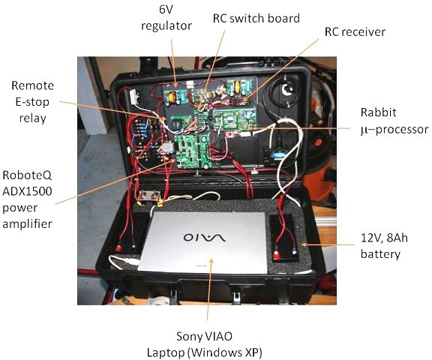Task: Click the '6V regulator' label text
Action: [166, 18]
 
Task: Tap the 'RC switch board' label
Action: [256, 19]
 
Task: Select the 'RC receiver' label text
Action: [355, 31]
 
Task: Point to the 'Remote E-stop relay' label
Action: [32, 102]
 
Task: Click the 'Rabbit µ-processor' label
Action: [394, 121]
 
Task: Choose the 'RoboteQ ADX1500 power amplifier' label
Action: [27, 199]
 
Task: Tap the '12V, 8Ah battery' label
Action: [384, 246]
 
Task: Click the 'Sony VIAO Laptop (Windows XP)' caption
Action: [204, 344]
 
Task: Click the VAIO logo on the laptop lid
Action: [205, 237]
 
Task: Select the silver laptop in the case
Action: [203, 242]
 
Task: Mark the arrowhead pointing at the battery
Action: [304, 244]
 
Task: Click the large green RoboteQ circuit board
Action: [193, 151]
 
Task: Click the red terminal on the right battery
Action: [276, 256]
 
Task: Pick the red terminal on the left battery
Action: [118, 248]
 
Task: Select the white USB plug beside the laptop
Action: [129, 262]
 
